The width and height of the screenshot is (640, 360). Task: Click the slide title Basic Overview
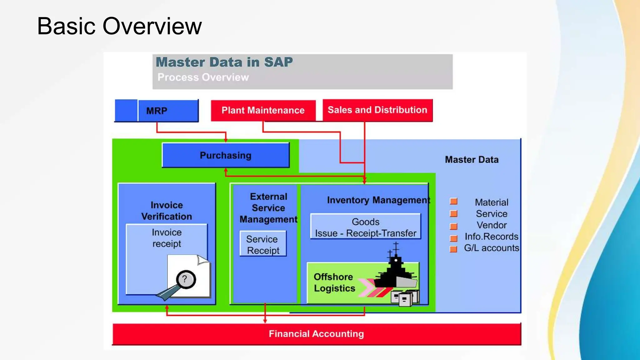[x=119, y=26]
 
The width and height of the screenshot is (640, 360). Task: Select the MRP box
[x=157, y=111]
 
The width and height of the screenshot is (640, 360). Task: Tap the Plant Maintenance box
[x=263, y=110]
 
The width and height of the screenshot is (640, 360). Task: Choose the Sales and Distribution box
[x=377, y=110]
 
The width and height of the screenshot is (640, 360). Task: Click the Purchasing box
[x=225, y=155]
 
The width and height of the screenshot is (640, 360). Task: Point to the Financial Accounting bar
[x=316, y=334]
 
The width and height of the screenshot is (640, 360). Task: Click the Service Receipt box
[x=263, y=244]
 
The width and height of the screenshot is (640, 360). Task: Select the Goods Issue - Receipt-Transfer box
[x=365, y=227]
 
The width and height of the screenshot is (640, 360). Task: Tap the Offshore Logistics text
[x=334, y=282]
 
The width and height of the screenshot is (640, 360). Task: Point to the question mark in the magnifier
[x=185, y=279]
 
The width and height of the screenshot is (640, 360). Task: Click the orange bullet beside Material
[x=453, y=201]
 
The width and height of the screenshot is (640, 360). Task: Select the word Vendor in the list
[x=492, y=225]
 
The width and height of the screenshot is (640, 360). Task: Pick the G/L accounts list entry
[x=491, y=248]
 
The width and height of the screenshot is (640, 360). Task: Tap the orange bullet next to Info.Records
[x=453, y=238]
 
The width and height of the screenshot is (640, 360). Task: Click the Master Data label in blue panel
[x=472, y=160]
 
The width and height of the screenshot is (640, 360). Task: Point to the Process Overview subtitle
[x=203, y=77]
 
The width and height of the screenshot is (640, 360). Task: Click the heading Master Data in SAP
[x=224, y=62]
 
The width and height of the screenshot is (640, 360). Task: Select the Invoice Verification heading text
[x=167, y=211]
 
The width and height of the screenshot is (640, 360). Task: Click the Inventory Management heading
[x=378, y=200]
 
